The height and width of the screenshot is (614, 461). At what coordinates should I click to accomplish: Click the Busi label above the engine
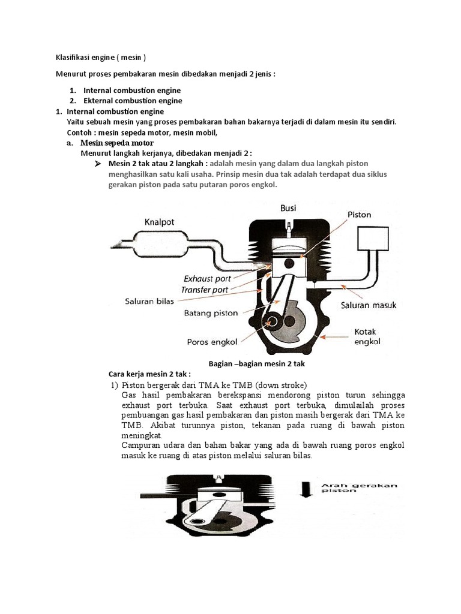(x=289, y=208)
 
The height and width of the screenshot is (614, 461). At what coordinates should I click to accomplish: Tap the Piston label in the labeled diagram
(x=359, y=214)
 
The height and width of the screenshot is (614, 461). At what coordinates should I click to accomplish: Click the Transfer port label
(x=205, y=290)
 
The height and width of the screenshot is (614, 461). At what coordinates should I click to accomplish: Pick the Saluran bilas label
(x=149, y=301)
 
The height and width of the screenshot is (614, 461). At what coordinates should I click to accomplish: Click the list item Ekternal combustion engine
(x=133, y=101)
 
